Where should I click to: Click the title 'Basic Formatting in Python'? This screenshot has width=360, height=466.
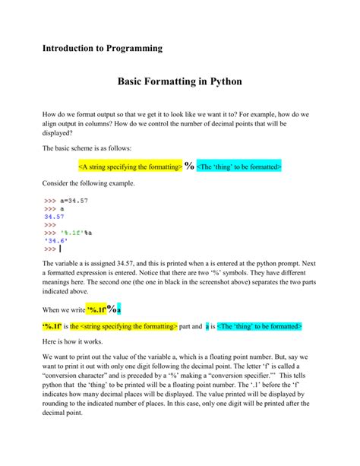(179, 80)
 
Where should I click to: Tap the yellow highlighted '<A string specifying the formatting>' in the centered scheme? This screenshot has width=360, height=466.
(129, 166)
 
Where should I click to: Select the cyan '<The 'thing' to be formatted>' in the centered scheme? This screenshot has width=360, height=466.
(238, 166)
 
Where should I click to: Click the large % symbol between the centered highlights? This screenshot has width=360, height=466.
(188, 165)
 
